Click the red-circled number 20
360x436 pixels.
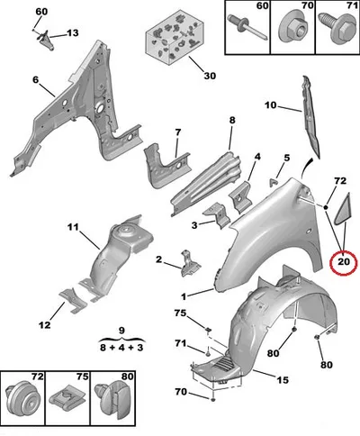[x=344, y=262]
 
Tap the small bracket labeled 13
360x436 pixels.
[x=46, y=40]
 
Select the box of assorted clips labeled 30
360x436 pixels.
[x=173, y=37]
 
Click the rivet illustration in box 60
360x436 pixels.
[x=247, y=28]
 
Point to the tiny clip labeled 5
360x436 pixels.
[x=274, y=182]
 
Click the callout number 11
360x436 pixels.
[x=73, y=227]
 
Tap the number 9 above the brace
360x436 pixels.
[x=121, y=331]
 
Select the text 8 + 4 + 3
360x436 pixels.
[x=121, y=348]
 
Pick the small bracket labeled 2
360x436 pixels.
[x=190, y=263]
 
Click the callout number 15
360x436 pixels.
[x=283, y=380]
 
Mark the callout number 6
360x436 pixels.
[x=36, y=79]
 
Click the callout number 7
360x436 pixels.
[x=178, y=132]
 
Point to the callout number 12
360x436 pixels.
[x=44, y=324]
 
